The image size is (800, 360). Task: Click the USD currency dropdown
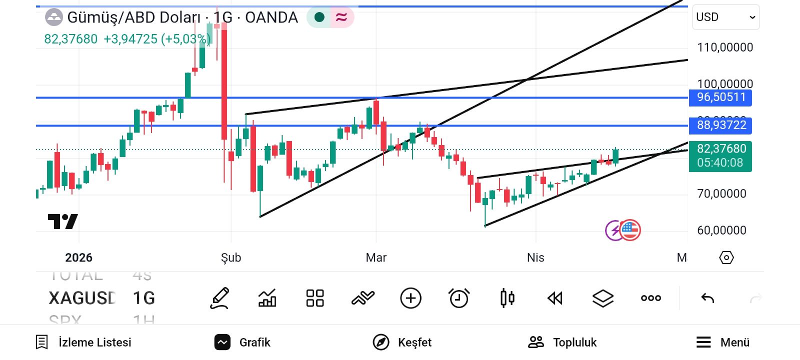point(725,17)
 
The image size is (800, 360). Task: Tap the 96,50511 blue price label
point(720,97)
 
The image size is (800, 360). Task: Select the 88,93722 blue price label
point(720,125)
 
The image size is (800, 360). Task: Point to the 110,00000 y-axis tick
point(724,47)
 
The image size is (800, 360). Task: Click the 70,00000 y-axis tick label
point(721,193)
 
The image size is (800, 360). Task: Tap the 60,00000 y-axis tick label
point(721,230)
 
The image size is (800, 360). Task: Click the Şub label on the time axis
point(231,257)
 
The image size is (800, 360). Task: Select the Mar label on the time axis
point(376,257)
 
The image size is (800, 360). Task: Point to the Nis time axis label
point(535,257)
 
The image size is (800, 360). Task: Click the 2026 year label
point(78,257)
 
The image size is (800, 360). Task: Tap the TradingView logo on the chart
point(62,221)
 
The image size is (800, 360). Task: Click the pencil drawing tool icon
point(219,298)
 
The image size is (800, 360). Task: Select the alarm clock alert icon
point(459,298)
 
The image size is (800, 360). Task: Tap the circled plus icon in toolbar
point(411,298)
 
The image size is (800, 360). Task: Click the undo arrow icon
point(707,298)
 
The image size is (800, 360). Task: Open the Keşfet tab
point(402,342)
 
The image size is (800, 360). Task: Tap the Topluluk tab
point(562,342)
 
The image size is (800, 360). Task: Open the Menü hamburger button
point(722,342)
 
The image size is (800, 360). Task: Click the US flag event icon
point(629,230)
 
